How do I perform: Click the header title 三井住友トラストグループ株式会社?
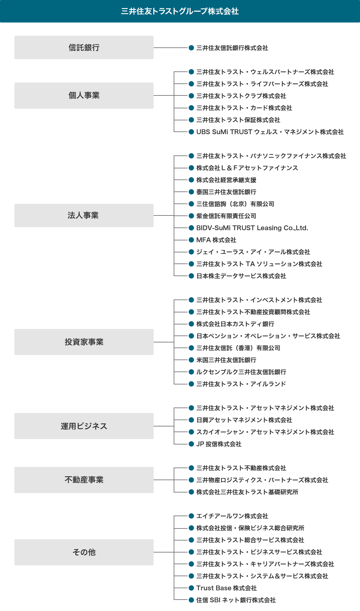(180, 11)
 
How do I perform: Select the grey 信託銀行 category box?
(84, 47)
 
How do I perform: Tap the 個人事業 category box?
(84, 95)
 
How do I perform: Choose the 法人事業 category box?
(84, 215)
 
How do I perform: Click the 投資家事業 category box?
(84, 342)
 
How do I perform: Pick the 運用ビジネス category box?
(84, 426)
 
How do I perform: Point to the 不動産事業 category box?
(84, 480)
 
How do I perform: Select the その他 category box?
(84, 552)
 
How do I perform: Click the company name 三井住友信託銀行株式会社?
(232, 48)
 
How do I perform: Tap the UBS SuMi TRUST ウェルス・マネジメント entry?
(270, 132)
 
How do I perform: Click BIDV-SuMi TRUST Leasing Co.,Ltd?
(252, 228)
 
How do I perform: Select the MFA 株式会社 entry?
(216, 240)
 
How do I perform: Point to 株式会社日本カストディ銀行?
(235, 324)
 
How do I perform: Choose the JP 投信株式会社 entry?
(219, 444)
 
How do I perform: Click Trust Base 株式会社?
(226, 588)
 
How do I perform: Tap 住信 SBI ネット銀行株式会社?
(236, 600)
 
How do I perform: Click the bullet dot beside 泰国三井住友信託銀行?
(191, 192)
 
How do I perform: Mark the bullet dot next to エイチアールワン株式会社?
(191, 516)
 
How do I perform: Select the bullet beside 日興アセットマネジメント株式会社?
(191, 420)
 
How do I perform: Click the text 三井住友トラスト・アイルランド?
(241, 384)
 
